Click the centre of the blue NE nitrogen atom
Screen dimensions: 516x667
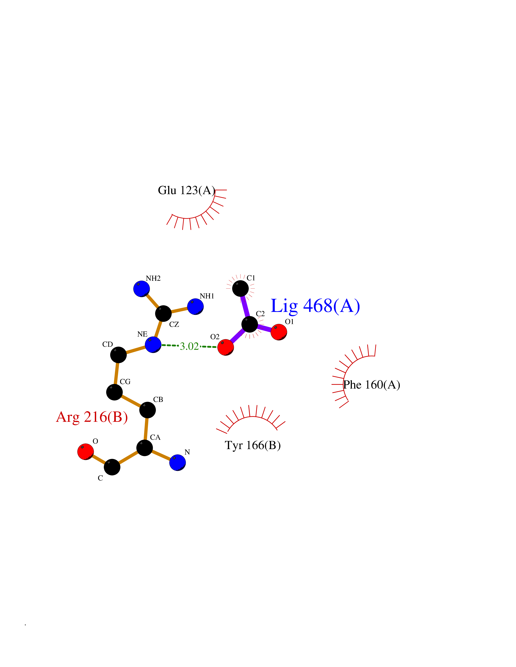point(153,345)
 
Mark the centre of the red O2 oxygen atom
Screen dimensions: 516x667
point(226,347)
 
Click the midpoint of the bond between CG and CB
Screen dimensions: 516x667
point(131,401)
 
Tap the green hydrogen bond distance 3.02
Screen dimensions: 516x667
point(189,346)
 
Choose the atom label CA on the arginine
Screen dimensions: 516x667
point(155,437)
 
